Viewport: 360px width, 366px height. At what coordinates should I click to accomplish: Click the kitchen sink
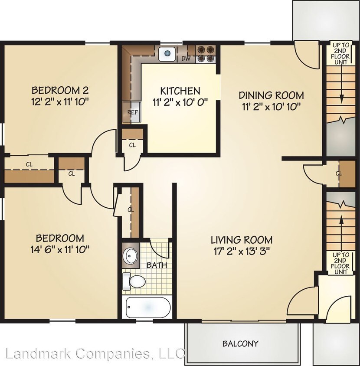coord(167,54)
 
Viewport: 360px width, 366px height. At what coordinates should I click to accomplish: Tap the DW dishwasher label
coord(186,59)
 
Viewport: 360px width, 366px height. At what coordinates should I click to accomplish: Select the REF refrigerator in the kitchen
coord(132,112)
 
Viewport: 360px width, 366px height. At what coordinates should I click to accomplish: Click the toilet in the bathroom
coord(134,281)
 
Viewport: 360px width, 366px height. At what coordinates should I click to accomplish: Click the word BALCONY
coord(240,343)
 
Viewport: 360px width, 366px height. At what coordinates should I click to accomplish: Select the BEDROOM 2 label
coord(60,90)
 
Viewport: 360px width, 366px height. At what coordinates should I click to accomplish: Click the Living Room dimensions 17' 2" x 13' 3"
coord(242,252)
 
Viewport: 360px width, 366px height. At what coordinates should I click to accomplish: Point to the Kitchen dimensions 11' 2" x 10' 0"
coord(180,102)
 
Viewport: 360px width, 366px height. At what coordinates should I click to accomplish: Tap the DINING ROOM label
coord(271,95)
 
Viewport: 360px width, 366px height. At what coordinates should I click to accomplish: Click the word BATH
coord(157,265)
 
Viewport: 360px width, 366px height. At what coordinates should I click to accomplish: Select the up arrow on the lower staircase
coord(341,234)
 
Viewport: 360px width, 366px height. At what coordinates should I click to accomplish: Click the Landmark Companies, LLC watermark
coord(95,353)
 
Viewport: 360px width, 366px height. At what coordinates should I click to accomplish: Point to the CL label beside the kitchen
coord(132,145)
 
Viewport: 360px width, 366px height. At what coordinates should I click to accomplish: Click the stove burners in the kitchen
coord(206,54)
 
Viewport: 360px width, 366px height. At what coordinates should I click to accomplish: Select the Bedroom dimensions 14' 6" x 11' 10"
coord(60,250)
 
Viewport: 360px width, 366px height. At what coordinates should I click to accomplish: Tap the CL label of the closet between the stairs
coord(339,173)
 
